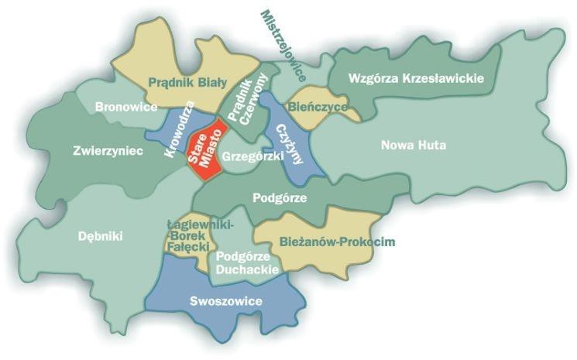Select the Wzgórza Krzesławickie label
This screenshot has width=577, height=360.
coord(417,78)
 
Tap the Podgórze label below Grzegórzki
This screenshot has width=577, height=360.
coord(280,197)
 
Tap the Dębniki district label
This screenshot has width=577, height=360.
coord(101,236)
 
